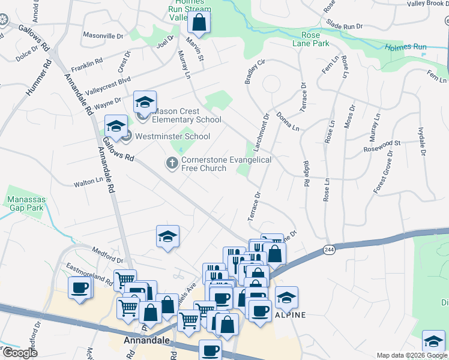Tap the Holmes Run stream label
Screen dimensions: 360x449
[405, 47]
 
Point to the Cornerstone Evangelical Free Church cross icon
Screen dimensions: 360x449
[172, 163]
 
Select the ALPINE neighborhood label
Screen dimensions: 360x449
[291, 314]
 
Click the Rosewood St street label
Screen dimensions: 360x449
[382, 146]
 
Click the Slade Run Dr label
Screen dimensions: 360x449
[345, 25]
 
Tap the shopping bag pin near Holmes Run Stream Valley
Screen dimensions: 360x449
[199, 23]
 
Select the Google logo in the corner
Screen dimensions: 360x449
[19, 352]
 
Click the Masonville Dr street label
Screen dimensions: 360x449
[103, 36]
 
